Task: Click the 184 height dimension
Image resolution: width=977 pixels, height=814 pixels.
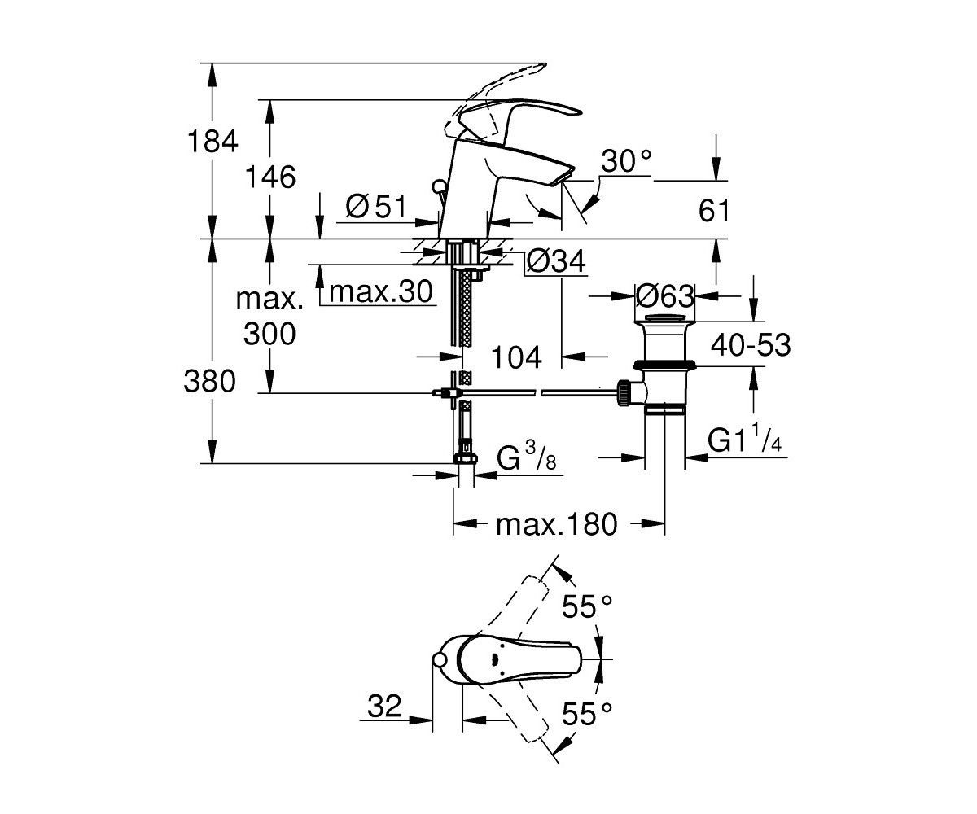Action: click(x=212, y=142)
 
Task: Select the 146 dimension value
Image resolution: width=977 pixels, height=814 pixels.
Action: click(x=270, y=177)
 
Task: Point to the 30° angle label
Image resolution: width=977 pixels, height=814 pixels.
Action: click(x=626, y=161)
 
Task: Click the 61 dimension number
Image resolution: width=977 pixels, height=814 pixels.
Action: click(x=713, y=210)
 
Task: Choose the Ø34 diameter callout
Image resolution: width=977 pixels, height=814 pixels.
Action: click(x=556, y=261)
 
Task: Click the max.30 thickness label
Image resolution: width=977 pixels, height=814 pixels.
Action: click(x=381, y=292)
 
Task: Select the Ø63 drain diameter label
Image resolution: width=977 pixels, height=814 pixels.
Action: click(x=665, y=296)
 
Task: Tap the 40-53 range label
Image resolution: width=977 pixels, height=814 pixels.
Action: click(x=751, y=345)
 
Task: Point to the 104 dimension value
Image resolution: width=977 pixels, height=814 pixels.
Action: click(x=516, y=358)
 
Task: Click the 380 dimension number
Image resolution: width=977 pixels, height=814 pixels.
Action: click(x=209, y=381)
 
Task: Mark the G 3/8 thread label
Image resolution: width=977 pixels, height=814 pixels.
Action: click(x=527, y=456)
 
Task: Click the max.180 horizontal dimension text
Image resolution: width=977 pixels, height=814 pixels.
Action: click(x=556, y=524)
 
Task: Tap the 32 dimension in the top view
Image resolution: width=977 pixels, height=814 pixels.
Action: click(x=384, y=706)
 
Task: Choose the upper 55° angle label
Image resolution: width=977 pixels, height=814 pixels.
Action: click(x=587, y=606)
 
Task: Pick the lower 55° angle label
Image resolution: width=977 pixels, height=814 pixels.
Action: click(x=587, y=714)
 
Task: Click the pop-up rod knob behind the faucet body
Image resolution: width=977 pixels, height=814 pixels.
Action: click(x=440, y=187)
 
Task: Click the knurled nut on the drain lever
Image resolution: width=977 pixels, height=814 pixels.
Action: click(x=623, y=393)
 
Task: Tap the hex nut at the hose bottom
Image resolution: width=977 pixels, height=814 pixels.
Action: click(x=464, y=457)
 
